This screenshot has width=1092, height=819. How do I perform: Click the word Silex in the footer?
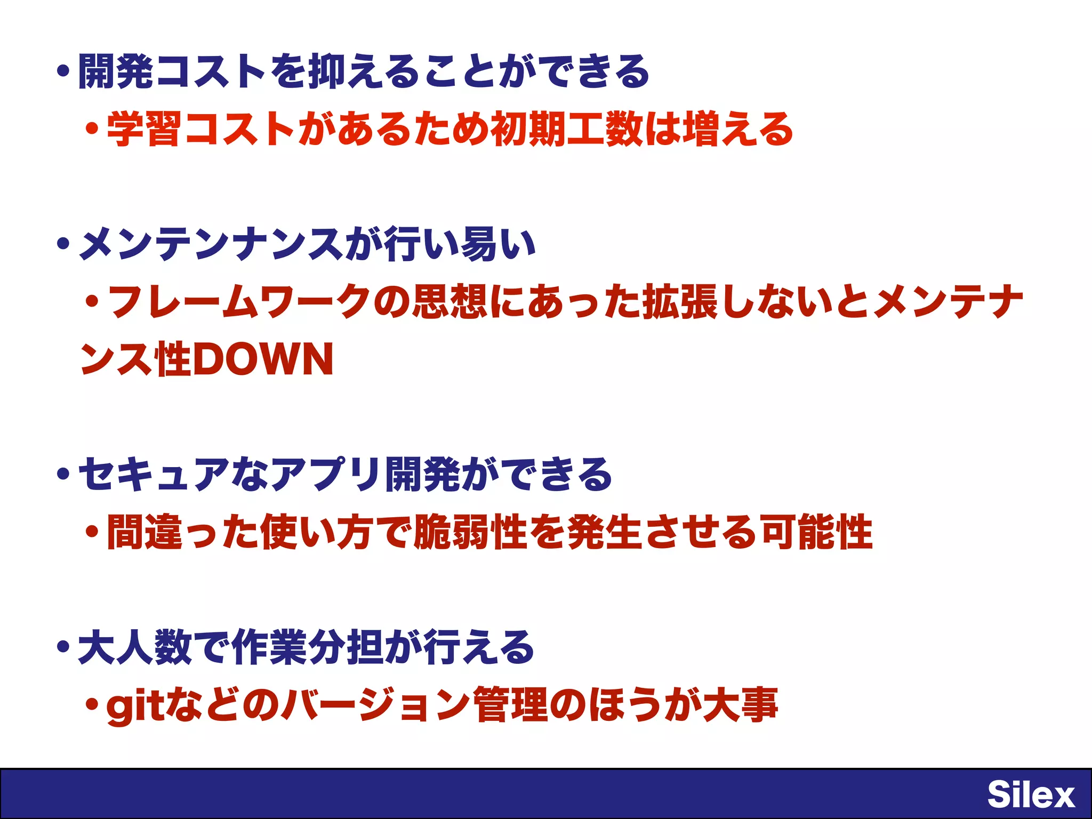[x=1030, y=794]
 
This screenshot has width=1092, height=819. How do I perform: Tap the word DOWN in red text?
[x=263, y=359]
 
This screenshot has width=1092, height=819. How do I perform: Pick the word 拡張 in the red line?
[x=679, y=302]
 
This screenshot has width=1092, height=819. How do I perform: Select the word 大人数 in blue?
[x=134, y=647]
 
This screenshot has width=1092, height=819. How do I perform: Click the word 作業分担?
[x=307, y=647]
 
